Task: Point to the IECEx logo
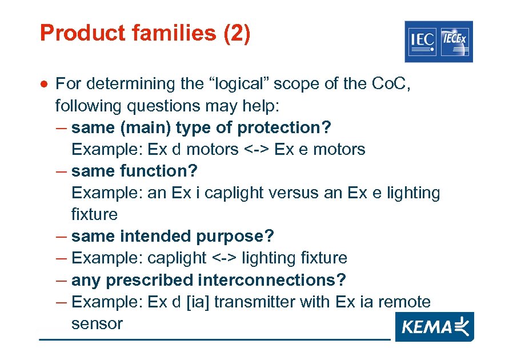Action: click(455, 41)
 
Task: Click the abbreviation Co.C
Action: click(391, 84)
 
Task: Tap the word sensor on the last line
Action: click(97, 323)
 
